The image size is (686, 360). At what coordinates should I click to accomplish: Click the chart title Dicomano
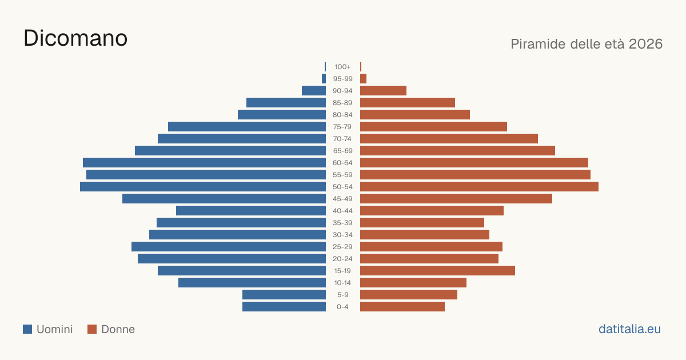(x=75, y=38)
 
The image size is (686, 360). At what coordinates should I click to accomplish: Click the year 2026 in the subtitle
(x=645, y=44)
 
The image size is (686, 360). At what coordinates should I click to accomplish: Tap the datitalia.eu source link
(x=629, y=329)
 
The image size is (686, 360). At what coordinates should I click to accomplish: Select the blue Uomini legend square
(x=27, y=329)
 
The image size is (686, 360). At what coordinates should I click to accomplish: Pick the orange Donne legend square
(x=92, y=329)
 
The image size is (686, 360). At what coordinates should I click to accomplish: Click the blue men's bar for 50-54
(x=203, y=187)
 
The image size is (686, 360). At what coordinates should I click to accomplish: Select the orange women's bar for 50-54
(x=479, y=187)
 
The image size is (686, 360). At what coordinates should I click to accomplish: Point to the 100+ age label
(x=342, y=67)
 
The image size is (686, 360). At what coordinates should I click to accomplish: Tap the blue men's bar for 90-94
(x=314, y=91)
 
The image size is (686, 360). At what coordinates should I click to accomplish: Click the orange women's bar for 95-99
(x=363, y=79)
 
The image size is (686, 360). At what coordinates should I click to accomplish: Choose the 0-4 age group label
(x=342, y=307)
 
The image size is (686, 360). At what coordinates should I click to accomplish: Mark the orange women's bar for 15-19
(x=438, y=271)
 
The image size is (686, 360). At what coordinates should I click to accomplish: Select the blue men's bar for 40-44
(x=251, y=211)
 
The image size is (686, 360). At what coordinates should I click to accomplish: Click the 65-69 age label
(x=342, y=151)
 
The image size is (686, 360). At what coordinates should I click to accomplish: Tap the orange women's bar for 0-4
(x=402, y=307)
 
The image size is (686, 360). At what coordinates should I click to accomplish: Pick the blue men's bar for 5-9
(x=284, y=295)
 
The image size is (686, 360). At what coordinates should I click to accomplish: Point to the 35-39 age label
(x=342, y=222)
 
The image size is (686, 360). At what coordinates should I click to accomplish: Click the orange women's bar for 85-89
(x=408, y=102)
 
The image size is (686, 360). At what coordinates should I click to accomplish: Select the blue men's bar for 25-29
(x=229, y=247)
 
